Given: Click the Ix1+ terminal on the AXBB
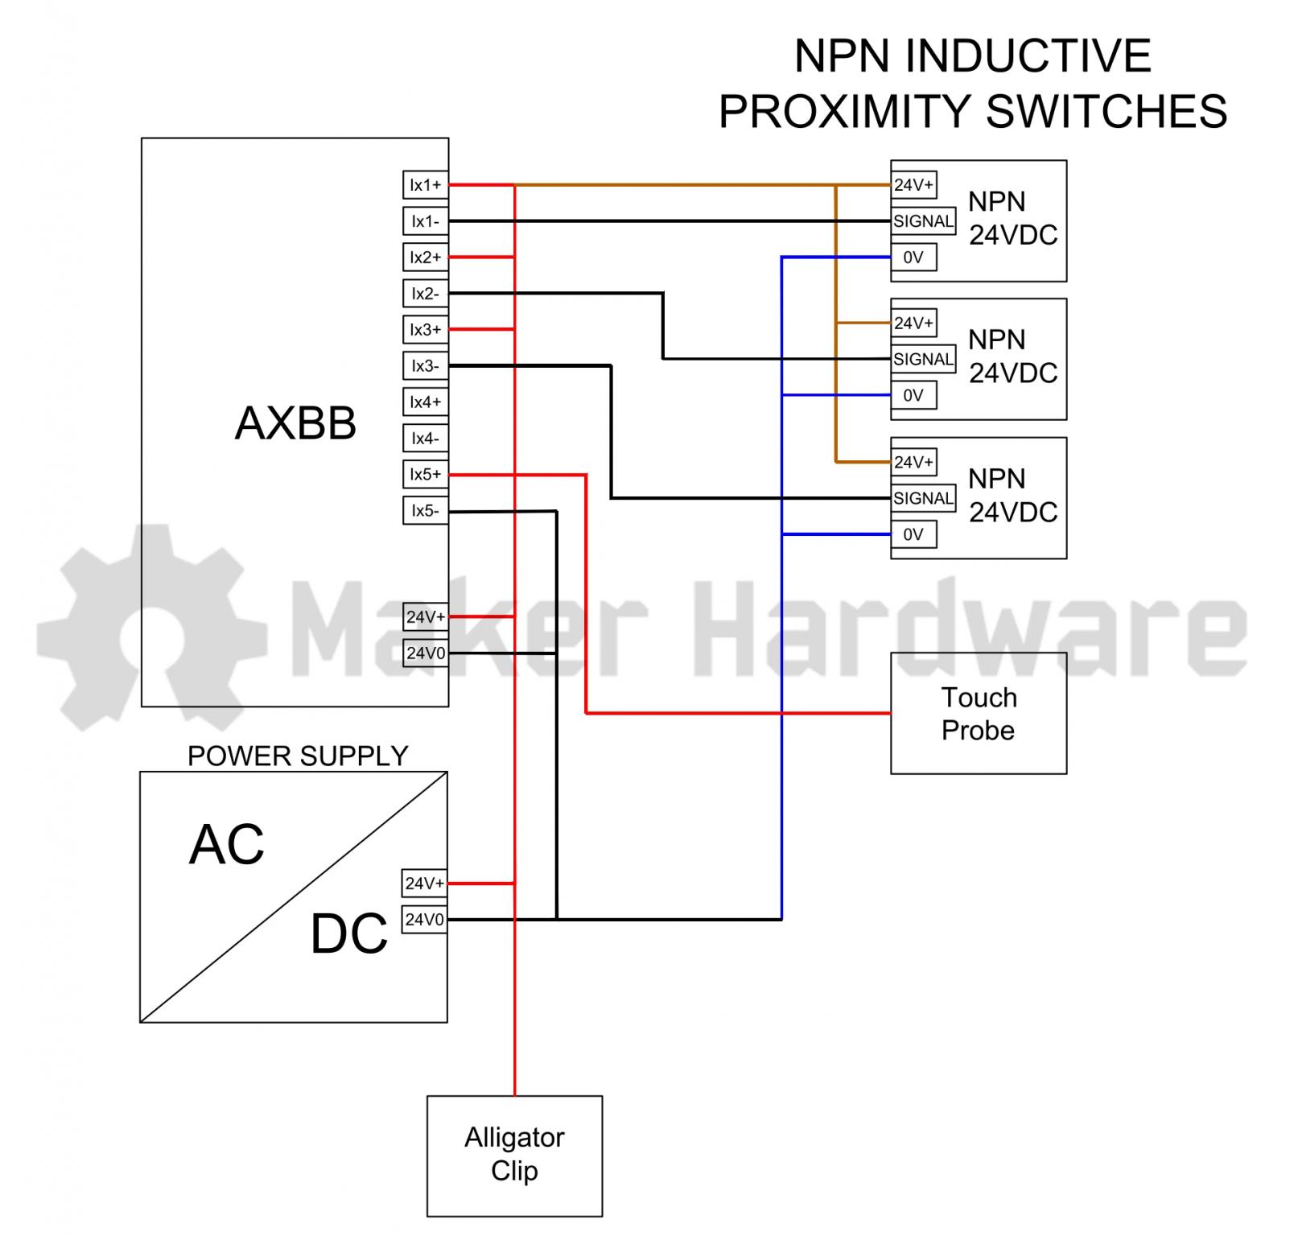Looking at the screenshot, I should point(425,185).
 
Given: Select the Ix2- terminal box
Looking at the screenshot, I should point(425,294).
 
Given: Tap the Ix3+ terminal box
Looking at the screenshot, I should point(425,330).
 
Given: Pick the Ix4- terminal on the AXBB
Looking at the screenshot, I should point(425,439).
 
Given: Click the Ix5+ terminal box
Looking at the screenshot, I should point(425,475).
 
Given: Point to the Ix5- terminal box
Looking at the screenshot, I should point(425,511).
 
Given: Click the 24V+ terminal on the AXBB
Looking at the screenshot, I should point(425,617).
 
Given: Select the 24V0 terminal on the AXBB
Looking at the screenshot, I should point(425,653).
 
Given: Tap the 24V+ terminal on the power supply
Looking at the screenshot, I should point(424,884).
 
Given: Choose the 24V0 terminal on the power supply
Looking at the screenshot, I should point(424,919).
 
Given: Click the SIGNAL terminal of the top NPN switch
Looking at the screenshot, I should point(923,221).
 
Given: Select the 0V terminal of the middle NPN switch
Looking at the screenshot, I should point(913,395).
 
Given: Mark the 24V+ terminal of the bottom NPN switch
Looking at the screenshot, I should point(913,462).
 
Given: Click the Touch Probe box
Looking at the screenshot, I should point(978,714).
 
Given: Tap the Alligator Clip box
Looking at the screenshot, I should point(514,1155).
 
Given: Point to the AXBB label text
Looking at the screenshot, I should point(295,423).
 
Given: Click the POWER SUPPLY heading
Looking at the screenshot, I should point(298,756).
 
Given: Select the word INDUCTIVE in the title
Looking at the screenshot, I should point(1028,56).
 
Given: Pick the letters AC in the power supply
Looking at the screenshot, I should point(226,845).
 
